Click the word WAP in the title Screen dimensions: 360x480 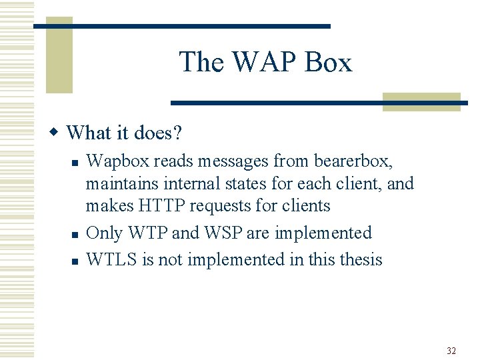click(253, 62)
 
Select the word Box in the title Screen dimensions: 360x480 click(327, 62)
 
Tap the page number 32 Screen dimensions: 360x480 click(451, 351)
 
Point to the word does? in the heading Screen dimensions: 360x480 click(158, 133)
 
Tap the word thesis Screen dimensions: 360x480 click(360, 259)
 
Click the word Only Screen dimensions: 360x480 click(105, 233)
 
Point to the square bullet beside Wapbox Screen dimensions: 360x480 click(75, 162)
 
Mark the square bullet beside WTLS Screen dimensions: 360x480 click(75, 260)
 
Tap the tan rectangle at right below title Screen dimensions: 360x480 click(421, 101)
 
